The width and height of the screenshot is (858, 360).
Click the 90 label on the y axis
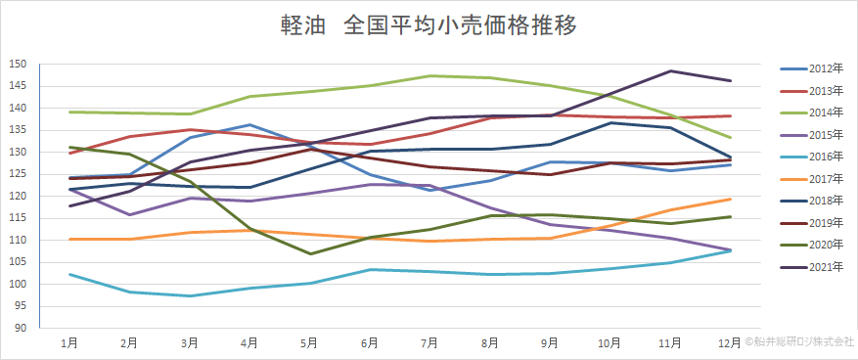click(x=20, y=328)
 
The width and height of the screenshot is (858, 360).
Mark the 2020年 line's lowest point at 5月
click(x=310, y=254)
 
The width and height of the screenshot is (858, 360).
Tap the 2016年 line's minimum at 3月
click(x=190, y=295)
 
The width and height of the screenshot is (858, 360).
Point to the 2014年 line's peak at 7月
click(x=430, y=75)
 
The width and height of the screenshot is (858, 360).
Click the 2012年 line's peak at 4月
click(x=250, y=125)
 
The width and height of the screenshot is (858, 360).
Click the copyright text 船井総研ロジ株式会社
click(x=800, y=342)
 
